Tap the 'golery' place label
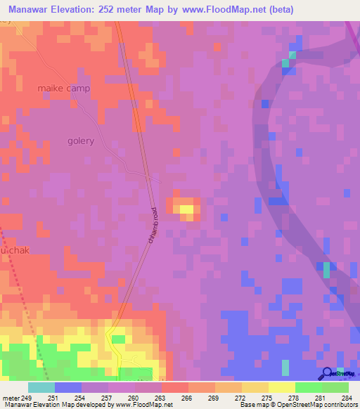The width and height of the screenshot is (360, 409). [81, 141]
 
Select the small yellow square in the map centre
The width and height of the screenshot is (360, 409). [186, 209]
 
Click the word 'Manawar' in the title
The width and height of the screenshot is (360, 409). [29, 10]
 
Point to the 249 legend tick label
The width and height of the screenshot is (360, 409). [26, 398]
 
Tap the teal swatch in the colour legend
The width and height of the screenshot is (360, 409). [41, 387]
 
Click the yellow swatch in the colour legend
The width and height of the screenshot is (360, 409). [281, 387]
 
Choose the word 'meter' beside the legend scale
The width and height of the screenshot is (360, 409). [10, 398]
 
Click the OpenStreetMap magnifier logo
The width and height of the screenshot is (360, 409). [328, 373]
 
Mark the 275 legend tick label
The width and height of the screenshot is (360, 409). [268, 398]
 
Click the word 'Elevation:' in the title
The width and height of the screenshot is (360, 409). [77, 10]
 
